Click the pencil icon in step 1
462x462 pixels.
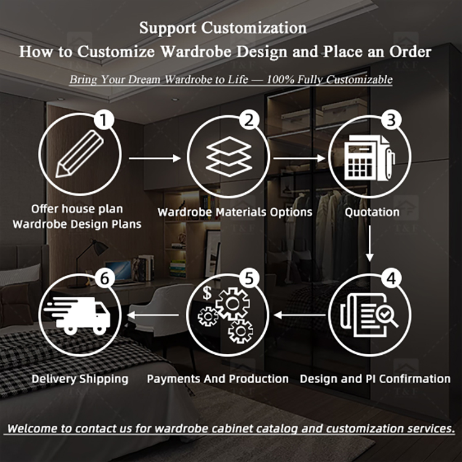coord(79,153)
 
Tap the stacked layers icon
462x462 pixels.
coord(229,156)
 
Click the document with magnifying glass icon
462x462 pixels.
coord(369,315)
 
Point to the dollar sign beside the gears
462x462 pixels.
coord(207,293)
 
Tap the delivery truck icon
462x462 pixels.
coord(77,315)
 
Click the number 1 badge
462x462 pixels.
coord(103,120)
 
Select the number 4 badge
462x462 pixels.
coord(391,278)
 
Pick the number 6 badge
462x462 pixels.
coord(105,278)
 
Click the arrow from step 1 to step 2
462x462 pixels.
coord(155,158)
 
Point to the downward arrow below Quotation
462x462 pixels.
coord(370,243)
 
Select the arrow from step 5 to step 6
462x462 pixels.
coord(153,315)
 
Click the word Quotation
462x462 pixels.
coord(372,212)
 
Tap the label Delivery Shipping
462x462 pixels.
coord(80,379)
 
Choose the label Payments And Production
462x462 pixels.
coord(217,379)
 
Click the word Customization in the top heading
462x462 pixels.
coord(254,28)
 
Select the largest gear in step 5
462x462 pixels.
coord(232,304)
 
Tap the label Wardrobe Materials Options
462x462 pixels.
coord(235,212)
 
